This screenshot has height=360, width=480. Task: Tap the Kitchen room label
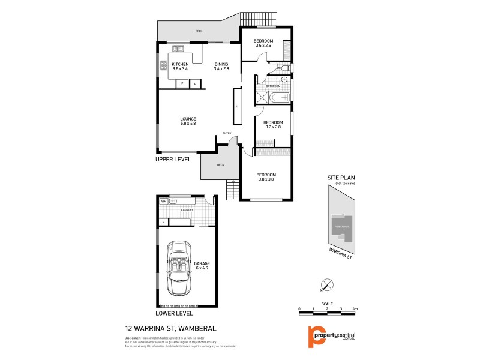click(x=180, y=67)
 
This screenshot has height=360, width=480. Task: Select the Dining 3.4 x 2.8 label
click(x=221, y=67)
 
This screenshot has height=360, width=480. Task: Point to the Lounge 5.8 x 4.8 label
click(x=188, y=121)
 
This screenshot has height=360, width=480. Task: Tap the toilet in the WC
click(x=286, y=70)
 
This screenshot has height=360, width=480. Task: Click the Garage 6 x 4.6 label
click(x=202, y=266)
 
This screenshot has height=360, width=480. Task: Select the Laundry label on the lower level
click(x=186, y=210)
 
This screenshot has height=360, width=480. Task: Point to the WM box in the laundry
click(x=164, y=202)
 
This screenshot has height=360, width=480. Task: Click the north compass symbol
click(x=325, y=285)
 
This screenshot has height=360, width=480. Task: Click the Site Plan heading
click(x=341, y=178)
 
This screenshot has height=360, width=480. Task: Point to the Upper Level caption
click(x=173, y=159)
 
